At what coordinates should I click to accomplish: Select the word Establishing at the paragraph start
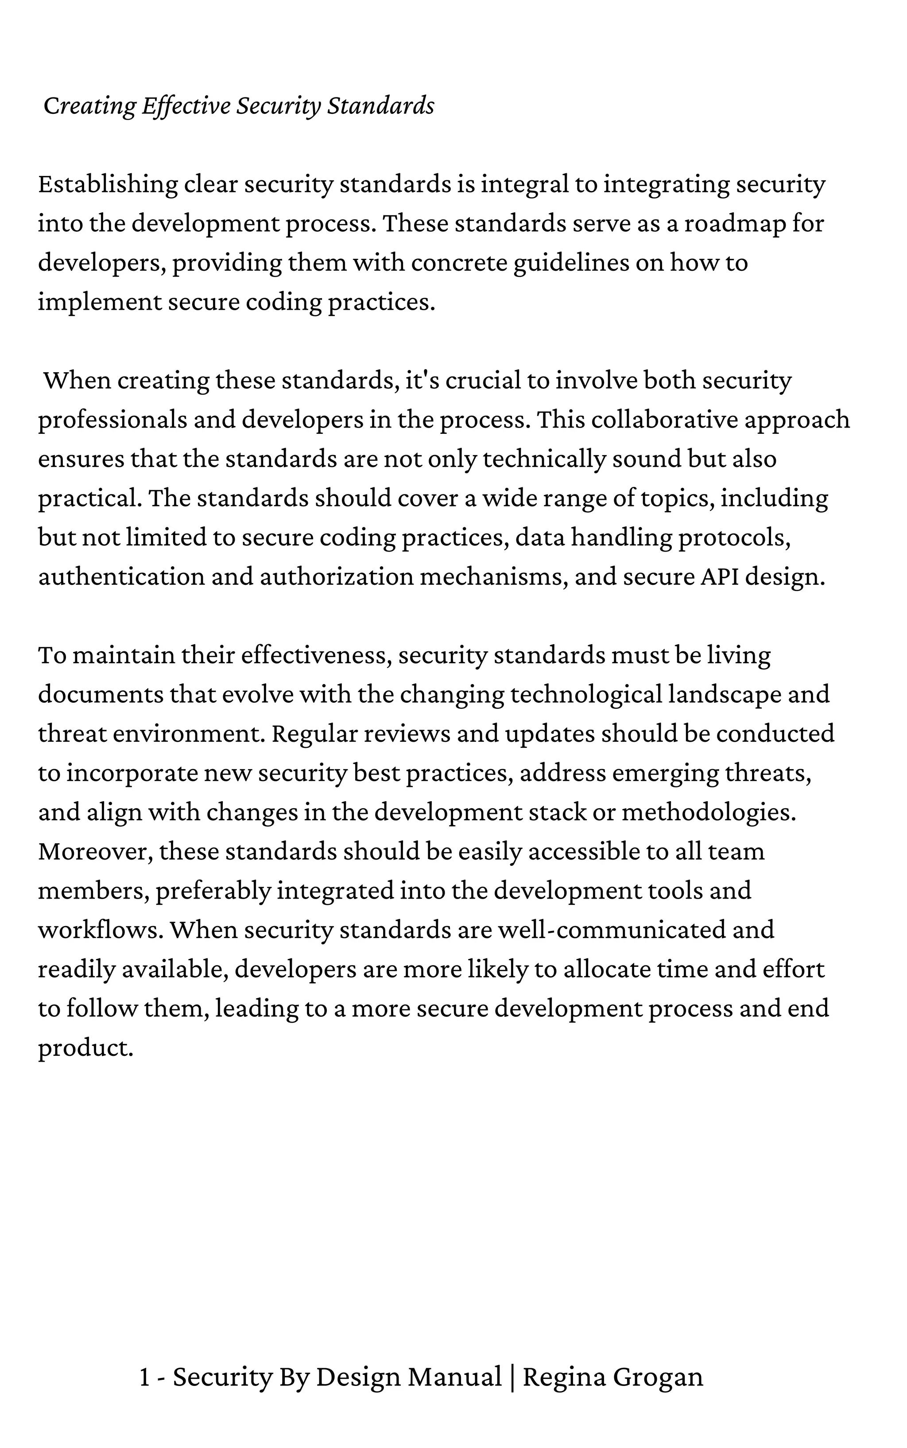(x=108, y=184)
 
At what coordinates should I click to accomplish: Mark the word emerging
(x=665, y=774)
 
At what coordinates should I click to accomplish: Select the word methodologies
(x=709, y=813)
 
